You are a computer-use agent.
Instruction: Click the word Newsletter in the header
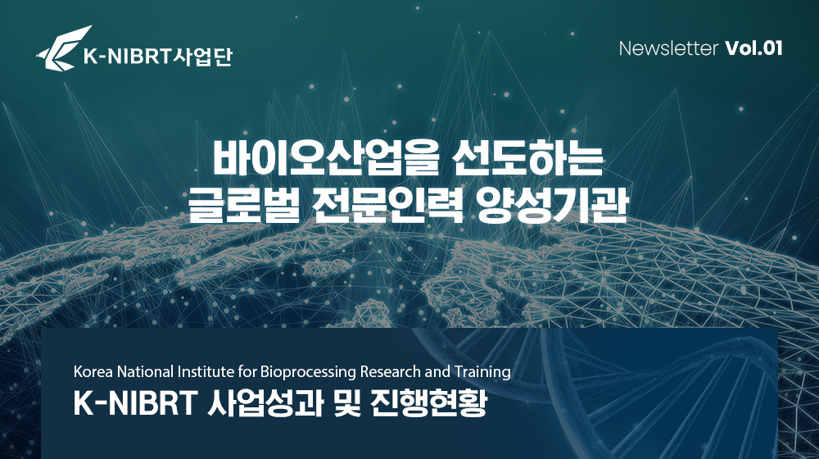coord(668,48)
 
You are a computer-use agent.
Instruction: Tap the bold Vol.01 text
coord(753,48)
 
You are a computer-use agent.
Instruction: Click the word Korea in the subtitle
coord(93,371)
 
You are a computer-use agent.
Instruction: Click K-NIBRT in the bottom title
coord(134,403)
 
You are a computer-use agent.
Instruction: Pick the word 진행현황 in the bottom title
coord(428,404)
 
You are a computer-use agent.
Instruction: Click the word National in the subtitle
coord(145,371)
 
